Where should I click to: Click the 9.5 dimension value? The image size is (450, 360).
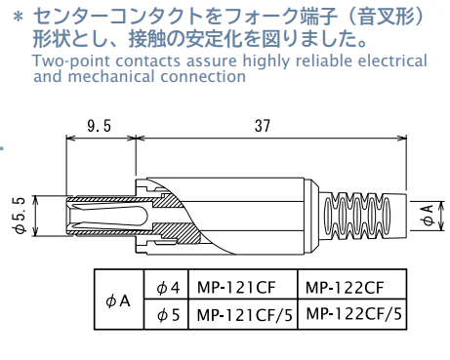[99, 126]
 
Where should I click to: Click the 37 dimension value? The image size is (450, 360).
[263, 126]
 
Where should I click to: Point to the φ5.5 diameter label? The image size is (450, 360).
[20, 216]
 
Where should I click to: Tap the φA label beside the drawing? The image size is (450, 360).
[430, 216]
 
